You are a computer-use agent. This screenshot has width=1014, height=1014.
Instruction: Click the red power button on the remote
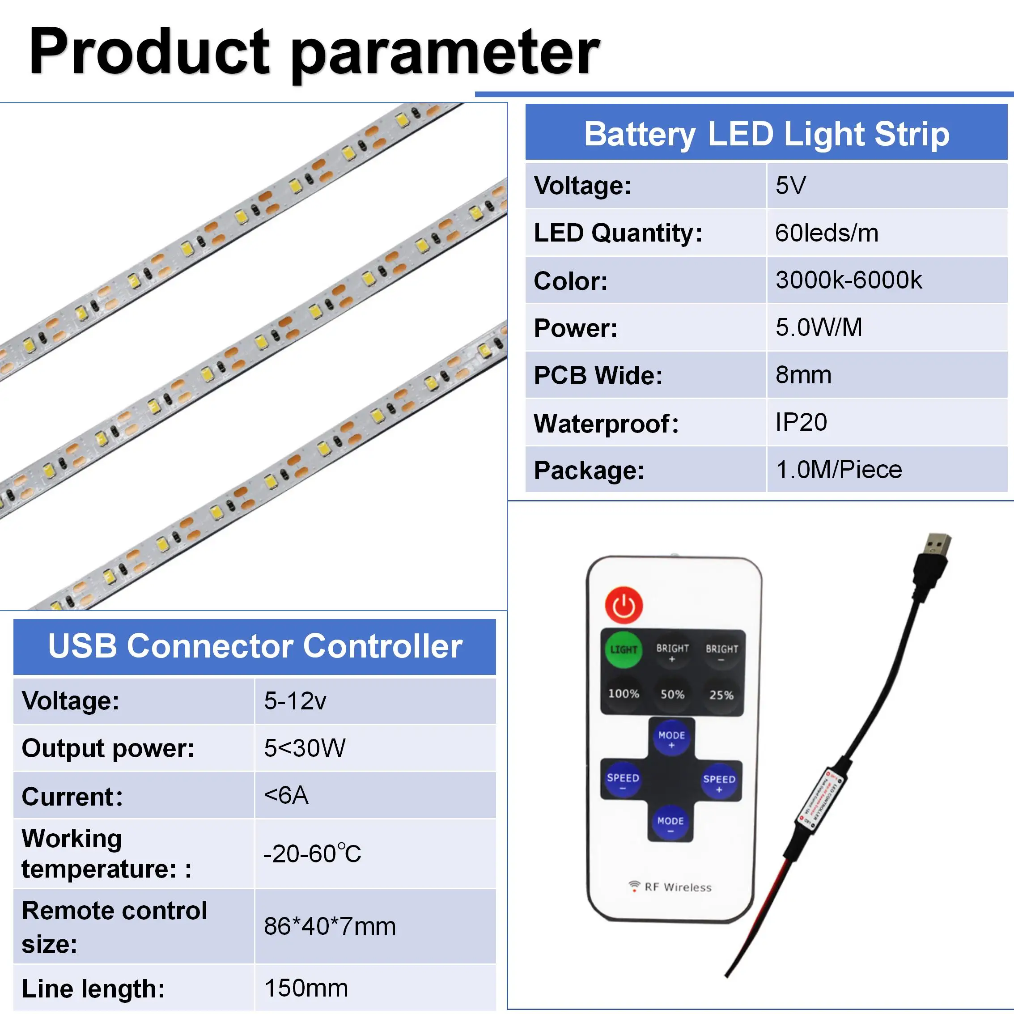click(624, 606)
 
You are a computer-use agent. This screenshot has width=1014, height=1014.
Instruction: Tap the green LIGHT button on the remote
click(624, 650)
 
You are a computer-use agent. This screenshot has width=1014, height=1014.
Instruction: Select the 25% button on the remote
click(721, 695)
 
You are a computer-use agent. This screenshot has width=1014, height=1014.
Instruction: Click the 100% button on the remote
click(624, 694)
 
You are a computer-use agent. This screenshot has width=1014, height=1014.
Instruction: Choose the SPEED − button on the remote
click(623, 781)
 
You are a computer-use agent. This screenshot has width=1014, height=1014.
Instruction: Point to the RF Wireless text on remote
click(677, 887)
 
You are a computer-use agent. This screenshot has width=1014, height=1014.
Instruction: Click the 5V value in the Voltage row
click(790, 185)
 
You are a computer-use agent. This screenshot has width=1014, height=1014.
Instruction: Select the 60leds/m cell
click(827, 233)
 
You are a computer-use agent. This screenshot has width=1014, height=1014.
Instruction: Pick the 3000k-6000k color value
click(848, 280)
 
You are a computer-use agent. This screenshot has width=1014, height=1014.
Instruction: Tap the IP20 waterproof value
click(801, 422)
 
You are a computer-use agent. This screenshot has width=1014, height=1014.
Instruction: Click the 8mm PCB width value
click(803, 375)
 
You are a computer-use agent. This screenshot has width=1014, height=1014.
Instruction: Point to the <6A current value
click(286, 795)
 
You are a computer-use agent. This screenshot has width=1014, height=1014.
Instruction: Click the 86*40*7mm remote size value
click(330, 926)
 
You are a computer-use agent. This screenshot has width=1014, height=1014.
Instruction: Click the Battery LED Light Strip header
click(766, 134)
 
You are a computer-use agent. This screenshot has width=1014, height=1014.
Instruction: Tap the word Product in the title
click(149, 51)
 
